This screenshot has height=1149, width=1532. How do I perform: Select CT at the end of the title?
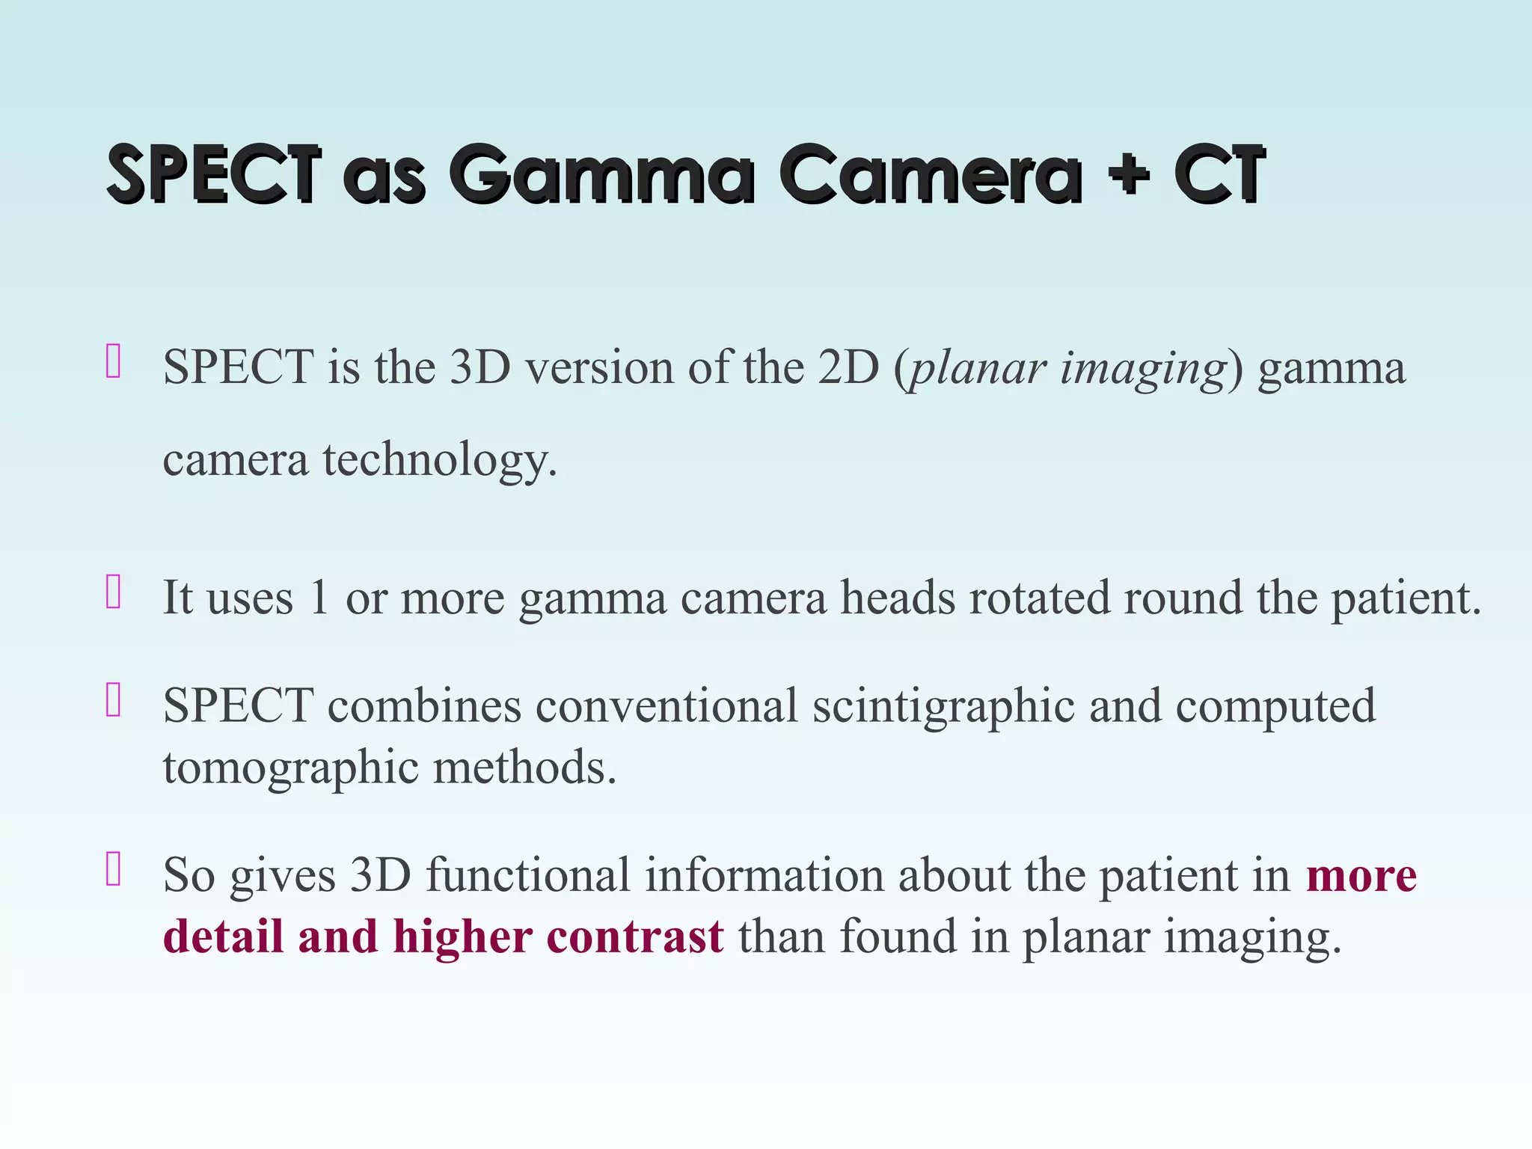point(1219,175)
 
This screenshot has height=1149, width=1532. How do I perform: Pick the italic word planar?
point(977,369)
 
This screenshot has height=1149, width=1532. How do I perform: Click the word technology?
point(440,460)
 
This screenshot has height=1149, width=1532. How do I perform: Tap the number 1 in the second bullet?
point(319,598)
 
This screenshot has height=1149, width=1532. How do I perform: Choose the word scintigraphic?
point(943,707)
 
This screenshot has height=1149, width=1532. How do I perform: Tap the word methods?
point(524,768)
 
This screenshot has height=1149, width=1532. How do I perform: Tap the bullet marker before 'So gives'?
point(114,869)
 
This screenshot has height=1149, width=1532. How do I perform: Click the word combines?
point(424,705)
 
